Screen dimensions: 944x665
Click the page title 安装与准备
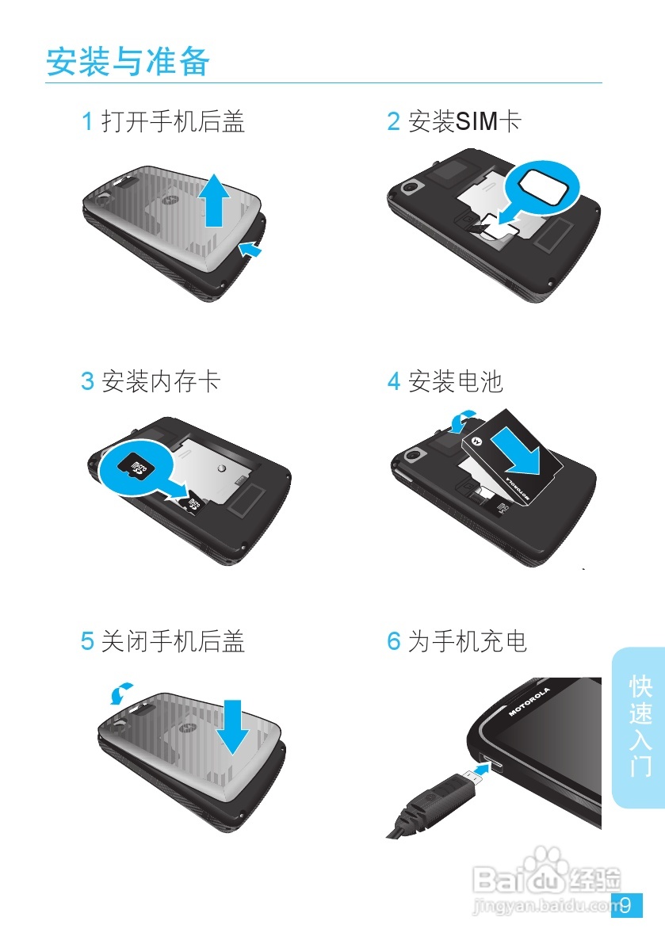pos(128,62)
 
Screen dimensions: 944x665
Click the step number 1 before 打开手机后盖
pos(87,121)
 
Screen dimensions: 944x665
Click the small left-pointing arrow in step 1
pos(250,250)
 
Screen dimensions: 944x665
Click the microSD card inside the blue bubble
pos(138,468)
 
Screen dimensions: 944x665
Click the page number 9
pos(626,905)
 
